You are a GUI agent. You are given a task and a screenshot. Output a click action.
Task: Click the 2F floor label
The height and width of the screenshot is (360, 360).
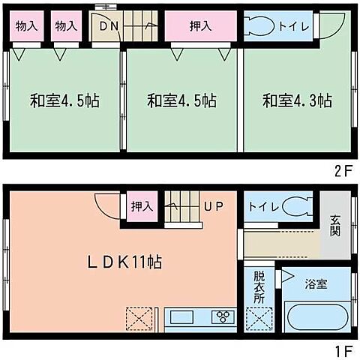[x=343, y=170]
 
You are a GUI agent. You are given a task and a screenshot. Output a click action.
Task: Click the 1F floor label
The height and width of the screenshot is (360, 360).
[x=343, y=349]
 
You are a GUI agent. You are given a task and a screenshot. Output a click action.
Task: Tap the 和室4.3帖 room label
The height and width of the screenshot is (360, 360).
[x=297, y=100]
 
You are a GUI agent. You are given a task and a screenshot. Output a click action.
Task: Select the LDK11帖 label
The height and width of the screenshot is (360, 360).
[x=124, y=262]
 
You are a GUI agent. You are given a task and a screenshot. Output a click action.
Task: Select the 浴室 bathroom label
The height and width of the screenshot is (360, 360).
[x=316, y=285]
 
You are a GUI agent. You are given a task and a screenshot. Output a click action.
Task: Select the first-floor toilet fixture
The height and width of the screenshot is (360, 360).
[x=298, y=205]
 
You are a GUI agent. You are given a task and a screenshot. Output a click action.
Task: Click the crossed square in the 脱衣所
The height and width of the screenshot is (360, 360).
[x=259, y=318]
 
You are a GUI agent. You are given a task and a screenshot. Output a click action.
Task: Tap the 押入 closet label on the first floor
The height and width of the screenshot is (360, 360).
[x=140, y=205]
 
